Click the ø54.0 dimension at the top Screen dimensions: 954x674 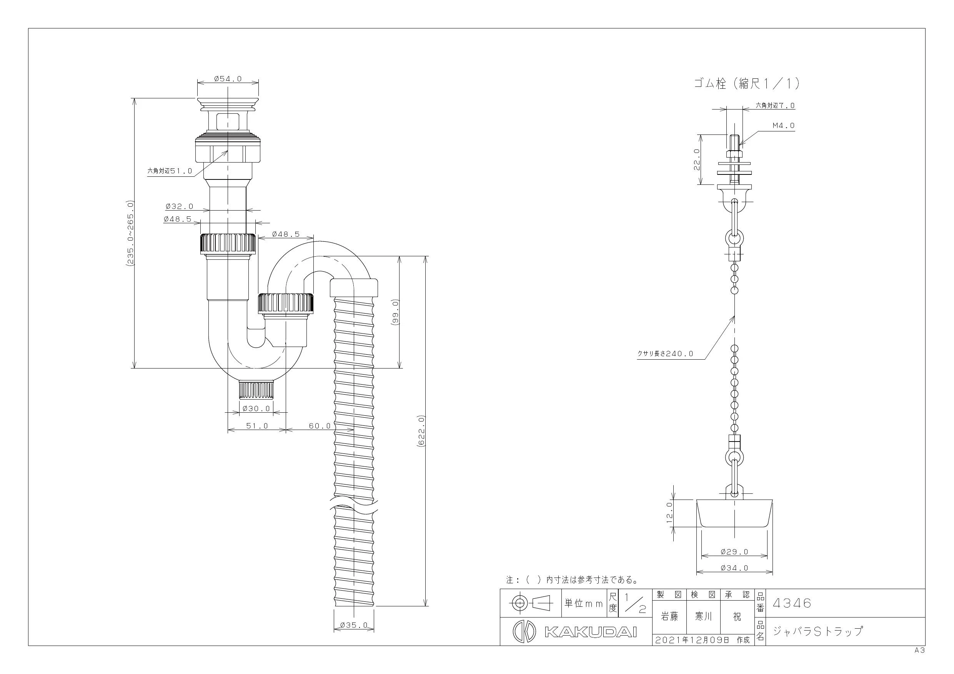[x=228, y=78]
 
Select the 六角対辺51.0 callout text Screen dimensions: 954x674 [x=170, y=171]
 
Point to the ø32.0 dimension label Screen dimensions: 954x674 [x=180, y=206]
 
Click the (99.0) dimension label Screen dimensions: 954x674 [x=395, y=312]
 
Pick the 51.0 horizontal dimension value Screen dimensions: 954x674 [x=257, y=426]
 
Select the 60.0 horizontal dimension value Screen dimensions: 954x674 [x=320, y=426]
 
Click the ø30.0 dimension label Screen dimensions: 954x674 [x=256, y=408]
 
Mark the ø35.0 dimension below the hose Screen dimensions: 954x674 [x=354, y=625]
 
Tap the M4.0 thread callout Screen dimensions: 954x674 [x=783, y=125]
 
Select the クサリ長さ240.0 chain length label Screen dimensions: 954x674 [x=665, y=354]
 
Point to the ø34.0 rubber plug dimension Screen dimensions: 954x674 [x=734, y=568]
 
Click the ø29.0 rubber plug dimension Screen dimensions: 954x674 [x=734, y=551]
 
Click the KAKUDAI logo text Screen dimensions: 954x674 [x=590, y=632]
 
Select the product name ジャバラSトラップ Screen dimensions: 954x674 [x=817, y=632]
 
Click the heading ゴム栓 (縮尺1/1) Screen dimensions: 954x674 [x=747, y=84]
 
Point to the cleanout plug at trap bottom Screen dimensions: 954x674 [x=256, y=390]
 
